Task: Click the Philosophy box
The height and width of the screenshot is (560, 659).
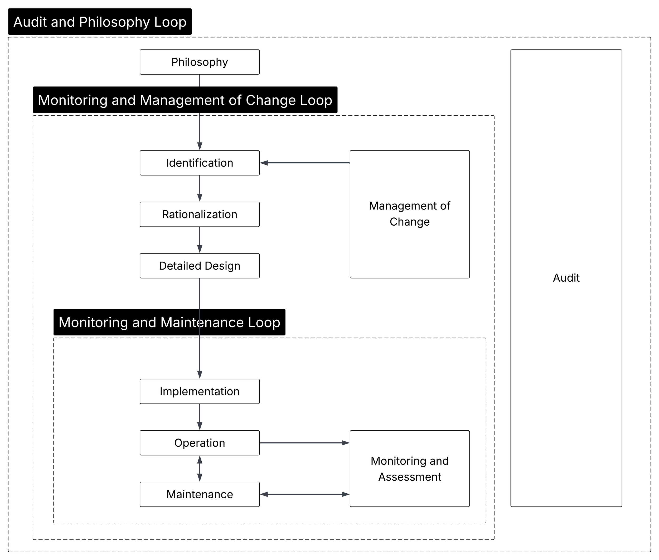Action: click(200, 62)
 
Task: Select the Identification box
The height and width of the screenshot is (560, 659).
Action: click(200, 163)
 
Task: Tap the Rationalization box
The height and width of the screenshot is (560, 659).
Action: click(200, 214)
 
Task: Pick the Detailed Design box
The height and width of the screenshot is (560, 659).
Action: click(200, 266)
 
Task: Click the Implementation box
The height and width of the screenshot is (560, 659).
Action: click(200, 391)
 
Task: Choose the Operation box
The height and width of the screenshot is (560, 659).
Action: click(200, 443)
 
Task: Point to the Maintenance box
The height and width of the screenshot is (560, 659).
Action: click(200, 494)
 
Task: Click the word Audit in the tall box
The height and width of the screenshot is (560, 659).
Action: click(566, 278)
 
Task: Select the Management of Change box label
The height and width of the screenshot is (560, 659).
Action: click(409, 214)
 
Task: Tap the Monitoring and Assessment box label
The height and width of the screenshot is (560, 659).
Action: click(409, 469)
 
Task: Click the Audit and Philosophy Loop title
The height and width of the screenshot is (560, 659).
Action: click(100, 22)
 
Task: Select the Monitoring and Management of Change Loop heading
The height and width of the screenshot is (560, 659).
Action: click(185, 100)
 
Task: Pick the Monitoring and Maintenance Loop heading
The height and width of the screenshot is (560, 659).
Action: click(169, 322)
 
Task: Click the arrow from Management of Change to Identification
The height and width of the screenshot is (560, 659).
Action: click(305, 163)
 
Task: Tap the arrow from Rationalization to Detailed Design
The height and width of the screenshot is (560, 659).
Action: click(200, 240)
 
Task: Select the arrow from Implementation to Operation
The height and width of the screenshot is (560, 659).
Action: click(200, 417)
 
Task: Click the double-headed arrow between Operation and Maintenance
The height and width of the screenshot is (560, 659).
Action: click(200, 469)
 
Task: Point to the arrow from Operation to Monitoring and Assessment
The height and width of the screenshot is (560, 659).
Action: click(304, 443)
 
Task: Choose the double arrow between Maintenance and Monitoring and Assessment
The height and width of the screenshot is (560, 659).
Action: click(304, 494)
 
